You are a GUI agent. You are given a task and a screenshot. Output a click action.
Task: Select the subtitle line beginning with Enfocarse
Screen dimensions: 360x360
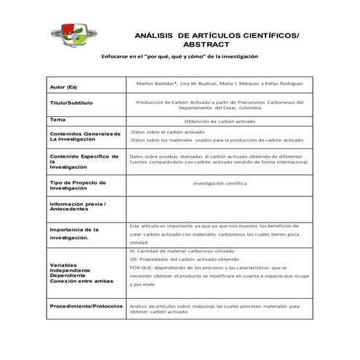pyautogui.click(x=180, y=57)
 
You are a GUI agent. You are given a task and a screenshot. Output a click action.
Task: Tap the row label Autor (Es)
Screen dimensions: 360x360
pyautogui.click(x=64, y=87)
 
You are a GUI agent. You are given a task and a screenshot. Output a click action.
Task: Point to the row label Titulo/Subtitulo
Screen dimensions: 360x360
pyautogui.click(x=71, y=103)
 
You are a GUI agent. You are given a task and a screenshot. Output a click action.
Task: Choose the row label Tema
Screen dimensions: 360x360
pyautogui.click(x=57, y=119)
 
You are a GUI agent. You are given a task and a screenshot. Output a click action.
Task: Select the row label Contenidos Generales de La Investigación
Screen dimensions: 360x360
pyautogui.click(x=84, y=136)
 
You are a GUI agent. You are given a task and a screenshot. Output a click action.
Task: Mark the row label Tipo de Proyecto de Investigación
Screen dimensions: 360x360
pyautogui.click(x=78, y=185)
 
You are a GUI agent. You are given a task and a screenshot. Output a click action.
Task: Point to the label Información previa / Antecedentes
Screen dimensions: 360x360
pyautogui.click(x=77, y=207)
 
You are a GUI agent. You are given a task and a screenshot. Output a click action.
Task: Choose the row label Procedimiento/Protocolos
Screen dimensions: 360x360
pyautogui.click(x=86, y=306)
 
